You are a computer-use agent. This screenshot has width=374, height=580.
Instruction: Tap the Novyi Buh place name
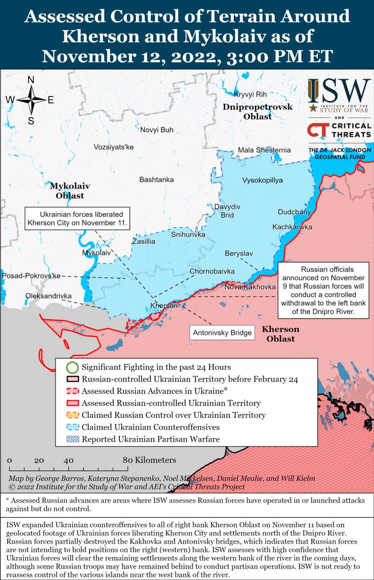coord(157,130)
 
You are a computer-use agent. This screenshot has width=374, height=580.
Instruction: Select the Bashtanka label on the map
coord(157,180)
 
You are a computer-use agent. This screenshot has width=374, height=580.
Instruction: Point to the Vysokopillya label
coord(262,180)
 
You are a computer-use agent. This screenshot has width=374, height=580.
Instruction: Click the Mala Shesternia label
coord(264,150)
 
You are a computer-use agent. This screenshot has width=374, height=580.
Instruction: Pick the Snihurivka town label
coord(188,234)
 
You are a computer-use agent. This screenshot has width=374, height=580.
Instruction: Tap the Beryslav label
coord(238,253)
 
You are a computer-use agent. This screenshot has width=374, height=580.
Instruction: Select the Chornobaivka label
coord(212,271)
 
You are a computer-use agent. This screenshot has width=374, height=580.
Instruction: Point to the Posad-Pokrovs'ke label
coord(31,276)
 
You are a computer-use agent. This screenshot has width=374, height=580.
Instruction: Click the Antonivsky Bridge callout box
coord(222,333)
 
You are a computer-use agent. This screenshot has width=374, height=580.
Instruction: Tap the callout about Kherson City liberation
coord(78,218)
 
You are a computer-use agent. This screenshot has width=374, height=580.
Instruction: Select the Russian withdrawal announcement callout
coord(327,290)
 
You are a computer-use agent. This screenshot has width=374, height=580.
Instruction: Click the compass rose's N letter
coord(31,80)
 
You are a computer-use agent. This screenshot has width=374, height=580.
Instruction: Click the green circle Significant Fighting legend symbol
coord(72,367)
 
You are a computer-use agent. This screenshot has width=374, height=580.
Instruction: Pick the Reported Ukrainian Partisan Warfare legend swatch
coord(72,439)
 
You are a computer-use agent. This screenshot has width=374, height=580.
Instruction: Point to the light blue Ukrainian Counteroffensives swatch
coord(72,427)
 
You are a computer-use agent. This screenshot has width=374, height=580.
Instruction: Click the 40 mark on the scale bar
coord(69,460)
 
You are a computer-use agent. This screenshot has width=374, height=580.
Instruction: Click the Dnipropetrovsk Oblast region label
coord(257,112)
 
